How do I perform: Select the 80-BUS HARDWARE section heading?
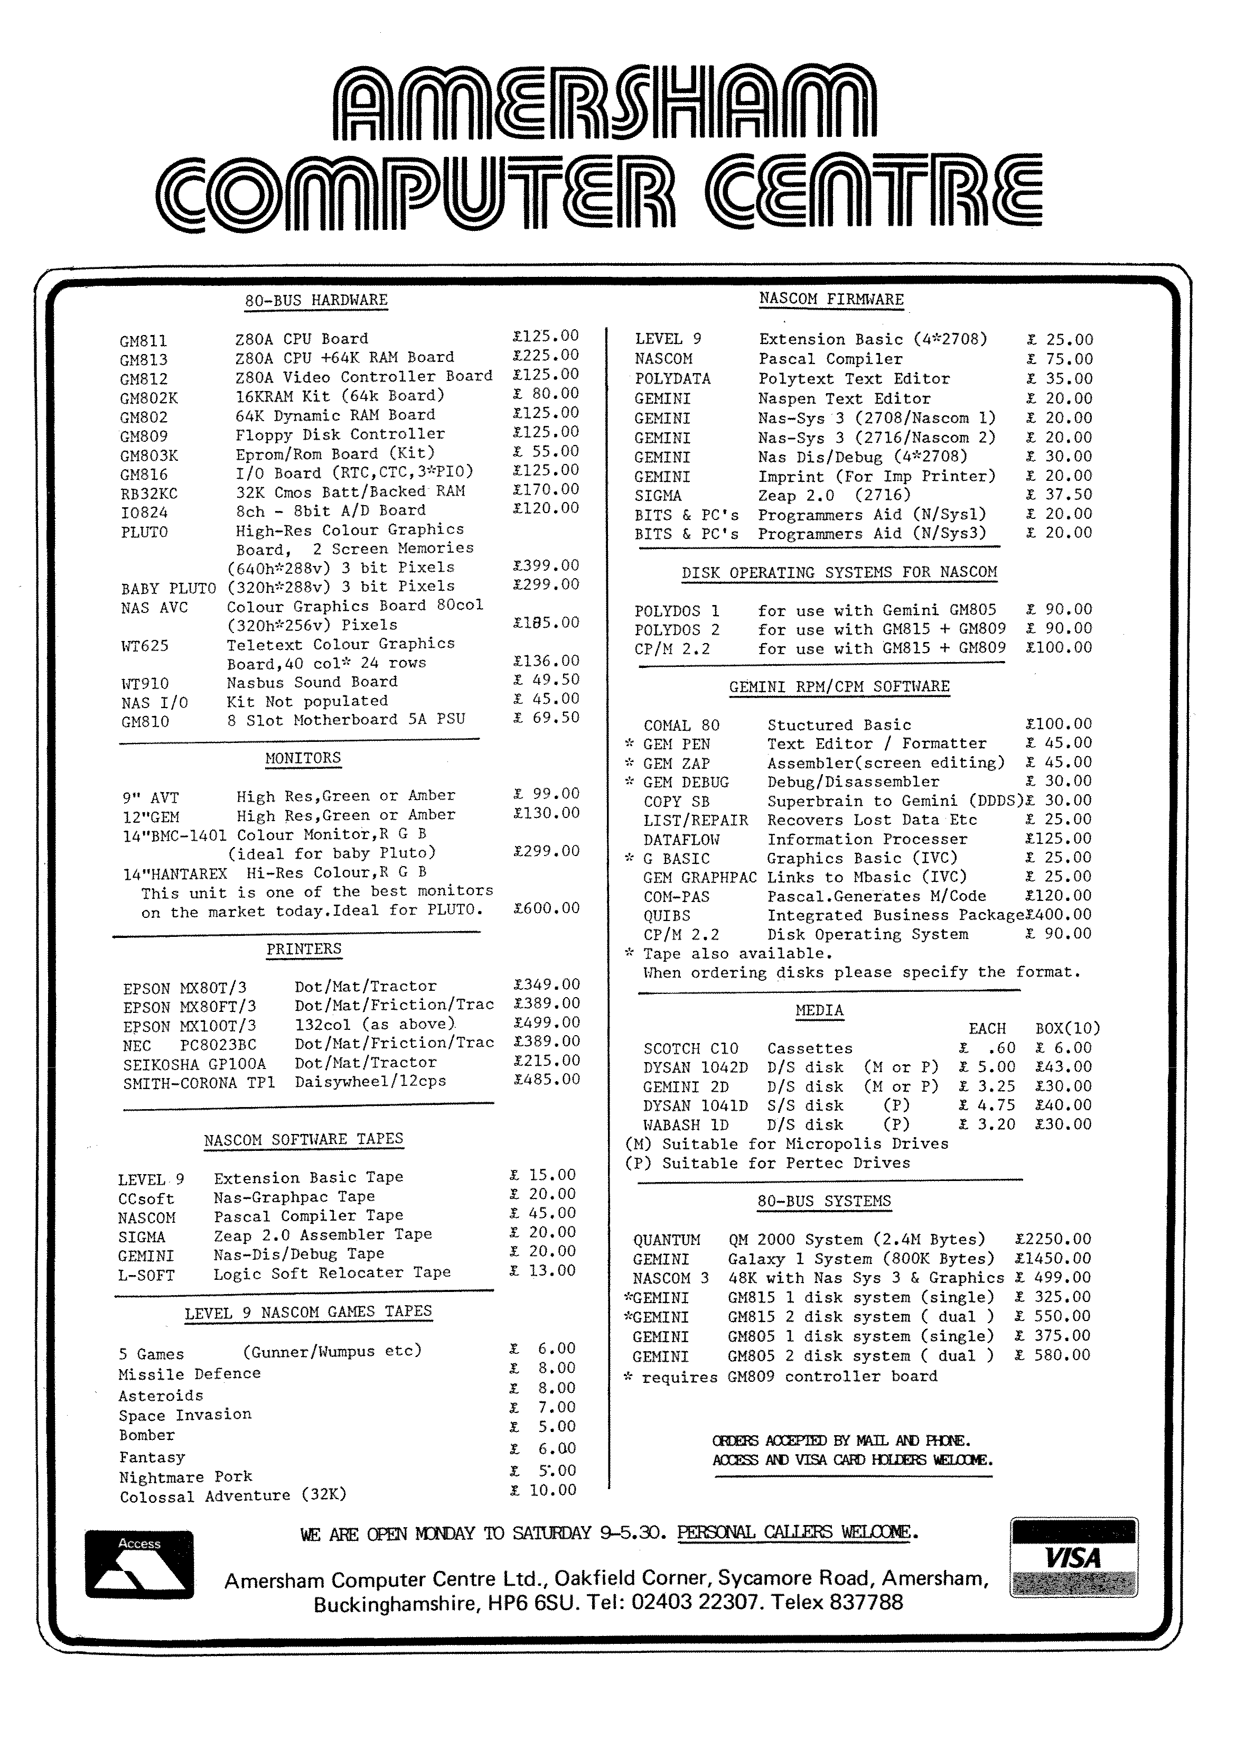pos(316,300)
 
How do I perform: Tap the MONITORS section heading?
pos(303,758)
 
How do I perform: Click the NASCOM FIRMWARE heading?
pos(831,299)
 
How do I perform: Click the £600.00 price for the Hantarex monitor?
pos(547,908)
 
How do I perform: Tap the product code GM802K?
pos(149,397)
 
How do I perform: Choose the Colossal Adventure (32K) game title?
pos(232,1496)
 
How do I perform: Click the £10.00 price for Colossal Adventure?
pos(544,1490)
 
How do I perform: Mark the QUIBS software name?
pos(667,916)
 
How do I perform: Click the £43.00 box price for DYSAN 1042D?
pos(1063,1067)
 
